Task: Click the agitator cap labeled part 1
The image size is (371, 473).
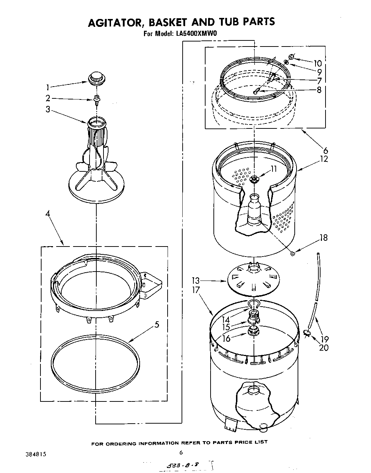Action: (96, 78)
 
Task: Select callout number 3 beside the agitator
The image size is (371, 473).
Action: (48, 110)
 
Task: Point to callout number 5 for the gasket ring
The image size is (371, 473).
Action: (156, 325)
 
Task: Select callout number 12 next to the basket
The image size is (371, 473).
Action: (324, 159)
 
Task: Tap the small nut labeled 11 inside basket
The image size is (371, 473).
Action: (254, 179)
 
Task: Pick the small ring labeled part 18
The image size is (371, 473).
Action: (293, 254)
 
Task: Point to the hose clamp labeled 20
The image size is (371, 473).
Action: (307, 333)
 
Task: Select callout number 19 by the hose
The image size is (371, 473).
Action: (324, 339)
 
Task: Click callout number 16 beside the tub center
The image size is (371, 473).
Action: (226, 338)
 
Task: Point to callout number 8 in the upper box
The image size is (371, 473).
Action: (319, 89)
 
